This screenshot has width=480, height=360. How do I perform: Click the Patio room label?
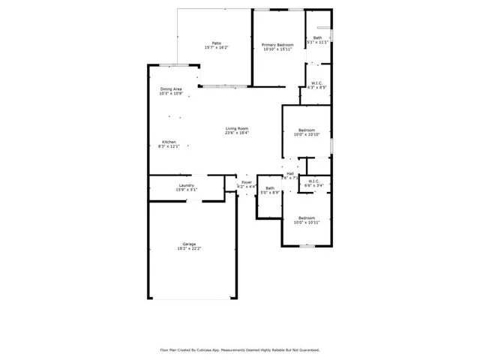216,43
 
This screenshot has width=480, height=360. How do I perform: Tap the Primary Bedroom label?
277,45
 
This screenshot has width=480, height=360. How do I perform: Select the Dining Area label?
171,89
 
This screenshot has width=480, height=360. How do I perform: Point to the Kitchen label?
169,142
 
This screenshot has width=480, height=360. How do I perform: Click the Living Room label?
237,129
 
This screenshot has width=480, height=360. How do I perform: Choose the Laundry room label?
187,185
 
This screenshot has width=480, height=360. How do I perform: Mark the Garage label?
189,244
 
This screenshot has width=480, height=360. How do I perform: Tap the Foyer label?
246,182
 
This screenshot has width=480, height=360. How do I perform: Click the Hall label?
290,173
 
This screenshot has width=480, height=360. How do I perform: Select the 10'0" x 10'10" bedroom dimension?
307,134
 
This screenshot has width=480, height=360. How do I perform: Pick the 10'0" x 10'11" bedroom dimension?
307,222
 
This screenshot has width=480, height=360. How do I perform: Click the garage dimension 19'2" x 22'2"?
189,248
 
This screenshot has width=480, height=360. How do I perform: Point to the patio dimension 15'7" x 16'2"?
216,48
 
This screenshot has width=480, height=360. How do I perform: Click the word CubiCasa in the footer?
217,349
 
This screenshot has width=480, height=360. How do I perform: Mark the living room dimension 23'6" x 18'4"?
237,133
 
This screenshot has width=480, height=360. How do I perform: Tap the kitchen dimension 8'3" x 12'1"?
169,146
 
